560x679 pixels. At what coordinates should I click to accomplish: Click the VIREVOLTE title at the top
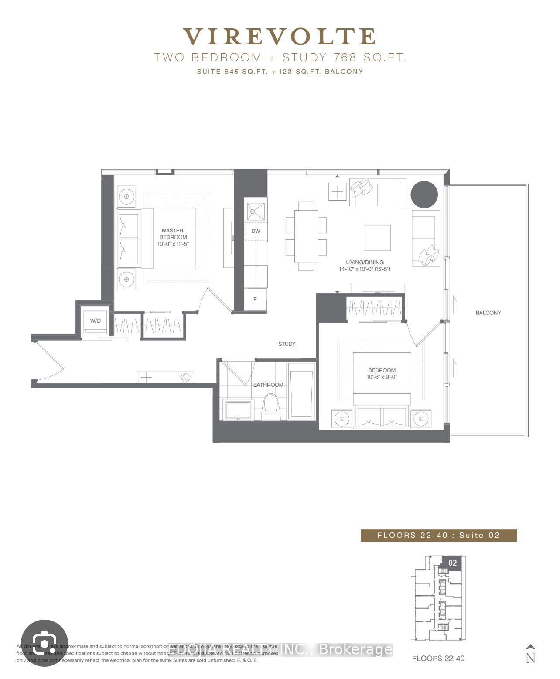coord(279,37)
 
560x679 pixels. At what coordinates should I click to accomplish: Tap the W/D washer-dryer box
coord(95,321)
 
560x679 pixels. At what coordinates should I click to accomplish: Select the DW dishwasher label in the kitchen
coord(256,231)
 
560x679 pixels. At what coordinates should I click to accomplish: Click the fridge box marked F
coord(255,300)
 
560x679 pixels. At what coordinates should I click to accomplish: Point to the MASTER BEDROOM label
coord(172,234)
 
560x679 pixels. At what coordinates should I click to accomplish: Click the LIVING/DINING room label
coord(365,263)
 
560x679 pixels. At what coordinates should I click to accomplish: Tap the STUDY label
coord(287,344)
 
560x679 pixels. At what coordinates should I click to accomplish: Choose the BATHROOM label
coord(268,385)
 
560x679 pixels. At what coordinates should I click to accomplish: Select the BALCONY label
coord(488,313)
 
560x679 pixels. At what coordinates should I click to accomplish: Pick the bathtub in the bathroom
coord(301,391)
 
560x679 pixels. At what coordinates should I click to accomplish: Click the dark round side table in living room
coord(424,194)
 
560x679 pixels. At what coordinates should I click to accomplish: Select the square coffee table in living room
coord(377,238)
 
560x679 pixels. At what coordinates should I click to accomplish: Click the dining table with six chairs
coord(306,236)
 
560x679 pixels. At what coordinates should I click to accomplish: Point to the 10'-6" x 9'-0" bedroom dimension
coord(382,377)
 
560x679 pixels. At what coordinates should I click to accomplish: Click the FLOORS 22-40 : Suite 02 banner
coord(438,535)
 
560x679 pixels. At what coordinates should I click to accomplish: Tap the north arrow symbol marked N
coord(530,654)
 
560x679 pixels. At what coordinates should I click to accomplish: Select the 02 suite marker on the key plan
coord(452,563)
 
